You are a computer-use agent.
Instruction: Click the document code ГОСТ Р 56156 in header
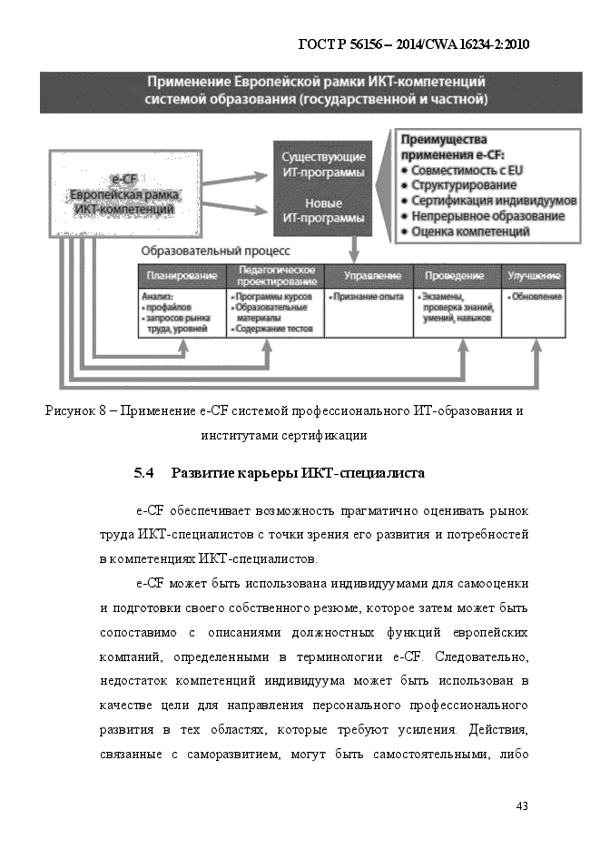344,44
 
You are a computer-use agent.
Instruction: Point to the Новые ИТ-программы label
323,211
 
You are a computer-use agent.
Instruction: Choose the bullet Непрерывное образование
487,216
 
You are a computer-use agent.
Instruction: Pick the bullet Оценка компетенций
470,232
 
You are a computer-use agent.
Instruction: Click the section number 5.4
146,473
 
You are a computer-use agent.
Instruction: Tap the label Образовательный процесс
215,250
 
